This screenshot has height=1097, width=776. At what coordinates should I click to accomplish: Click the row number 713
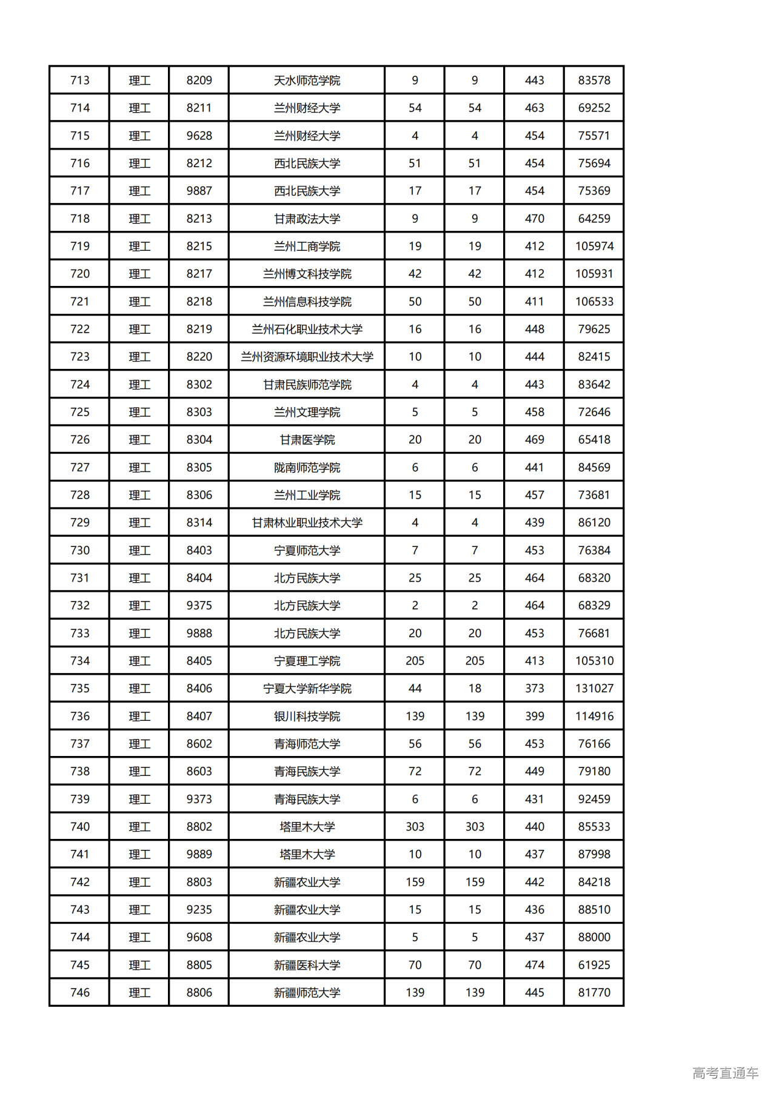click(79, 81)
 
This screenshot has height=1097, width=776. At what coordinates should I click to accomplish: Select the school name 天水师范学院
click(307, 81)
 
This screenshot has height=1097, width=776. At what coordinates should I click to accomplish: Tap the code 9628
click(199, 136)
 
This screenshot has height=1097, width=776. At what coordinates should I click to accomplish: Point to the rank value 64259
click(594, 219)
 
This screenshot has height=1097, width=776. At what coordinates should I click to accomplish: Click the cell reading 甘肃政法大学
click(307, 219)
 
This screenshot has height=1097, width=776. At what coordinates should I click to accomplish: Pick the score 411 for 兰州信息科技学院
click(534, 302)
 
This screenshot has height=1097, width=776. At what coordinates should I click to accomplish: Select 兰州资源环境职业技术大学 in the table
click(307, 357)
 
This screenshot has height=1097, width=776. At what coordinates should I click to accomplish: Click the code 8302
click(199, 385)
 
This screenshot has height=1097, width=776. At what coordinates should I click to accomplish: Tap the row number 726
click(79, 440)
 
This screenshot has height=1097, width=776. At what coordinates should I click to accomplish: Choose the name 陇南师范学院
click(307, 468)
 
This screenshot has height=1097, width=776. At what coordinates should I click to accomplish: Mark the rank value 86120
click(594, 523)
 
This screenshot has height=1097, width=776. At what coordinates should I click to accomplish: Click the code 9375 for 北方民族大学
click(199, 606)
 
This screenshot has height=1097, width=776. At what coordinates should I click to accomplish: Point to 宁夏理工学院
click(307, 661)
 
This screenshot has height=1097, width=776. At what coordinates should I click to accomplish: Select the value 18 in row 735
click(474, 689)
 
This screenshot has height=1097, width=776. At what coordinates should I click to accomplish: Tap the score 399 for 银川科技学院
click(534, 716)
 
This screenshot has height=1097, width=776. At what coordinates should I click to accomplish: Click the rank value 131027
click(594, 689)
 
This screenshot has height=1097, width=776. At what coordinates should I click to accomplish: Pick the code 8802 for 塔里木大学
click(199, 827)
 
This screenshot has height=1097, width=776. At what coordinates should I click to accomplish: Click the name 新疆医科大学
click(307, 965)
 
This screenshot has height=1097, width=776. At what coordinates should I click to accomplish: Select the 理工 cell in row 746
click(139, 993)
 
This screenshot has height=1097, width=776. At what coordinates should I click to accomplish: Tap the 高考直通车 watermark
click(725, 1073)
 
